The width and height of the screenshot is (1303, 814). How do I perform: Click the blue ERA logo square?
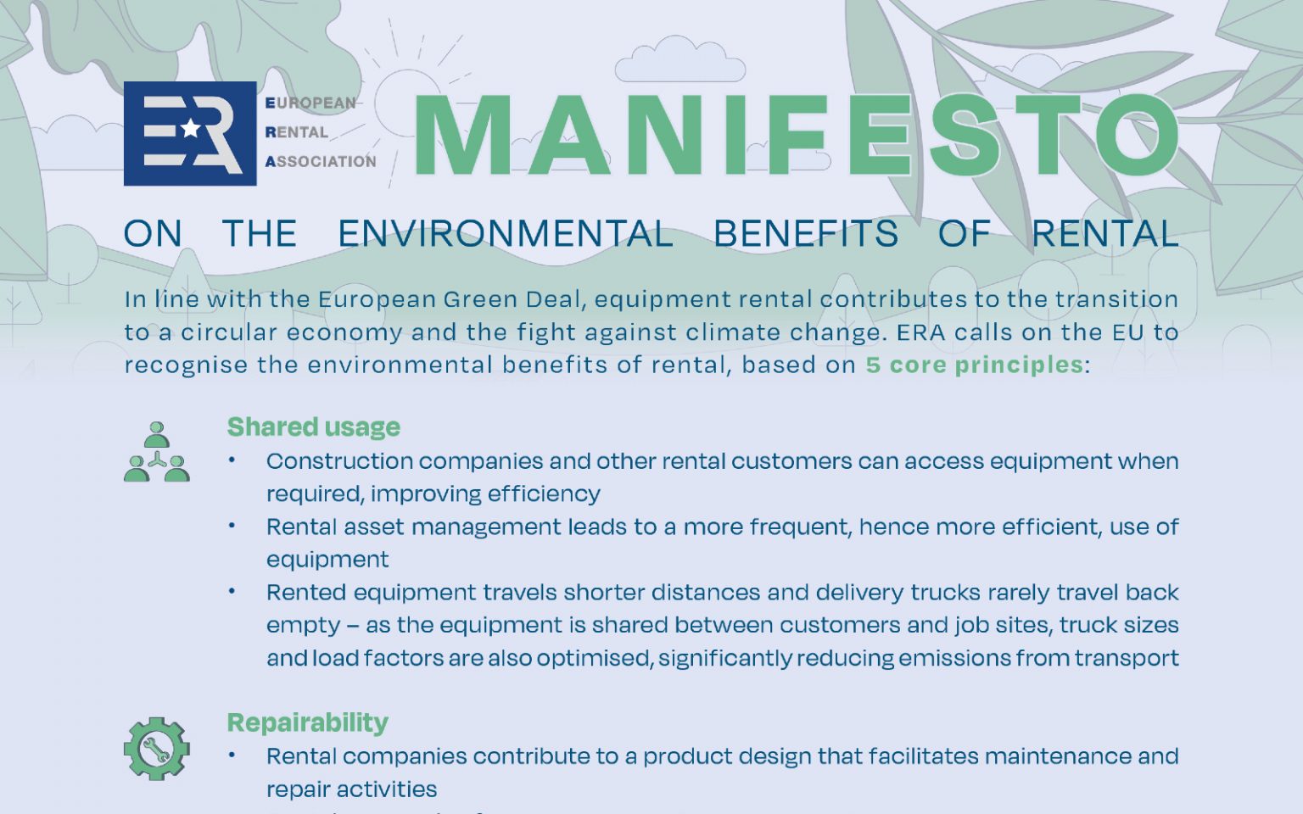[x=190, y=134]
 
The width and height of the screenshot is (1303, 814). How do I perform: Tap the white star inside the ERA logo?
[x=190, y=129]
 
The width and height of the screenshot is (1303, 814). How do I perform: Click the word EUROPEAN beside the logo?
[x=310, y=103]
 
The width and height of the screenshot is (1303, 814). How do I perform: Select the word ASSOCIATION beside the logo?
[x=321, y=161]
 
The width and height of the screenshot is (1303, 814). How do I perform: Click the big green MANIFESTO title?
[x=797, y=136]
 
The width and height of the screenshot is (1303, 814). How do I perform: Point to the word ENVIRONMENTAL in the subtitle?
[x=506, y=234]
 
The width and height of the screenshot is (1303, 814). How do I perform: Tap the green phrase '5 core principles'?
[x=975, y=365]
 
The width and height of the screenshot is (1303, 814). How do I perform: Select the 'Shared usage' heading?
[x=314, y=427]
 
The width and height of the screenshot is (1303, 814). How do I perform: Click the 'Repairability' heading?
[x=308, y=722]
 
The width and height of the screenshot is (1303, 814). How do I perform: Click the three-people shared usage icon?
[x=156, y=452]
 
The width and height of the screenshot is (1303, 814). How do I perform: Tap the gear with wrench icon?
[x=156, y=749]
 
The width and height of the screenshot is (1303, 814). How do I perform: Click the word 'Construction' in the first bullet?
[x=339, y=461]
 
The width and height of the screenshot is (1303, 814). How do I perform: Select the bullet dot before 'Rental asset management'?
[x=232, y=526]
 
